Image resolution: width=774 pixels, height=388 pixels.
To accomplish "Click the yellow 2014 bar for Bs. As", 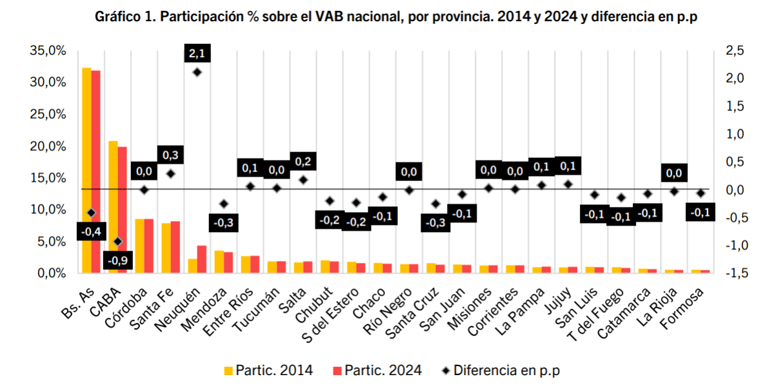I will tap(86, 170).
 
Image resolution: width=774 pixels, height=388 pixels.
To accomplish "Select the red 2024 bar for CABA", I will tap(123, 209).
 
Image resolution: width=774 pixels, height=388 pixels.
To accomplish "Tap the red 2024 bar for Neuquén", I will tap(202, 259).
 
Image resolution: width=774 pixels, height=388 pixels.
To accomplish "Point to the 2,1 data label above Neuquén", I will tap(197, 53).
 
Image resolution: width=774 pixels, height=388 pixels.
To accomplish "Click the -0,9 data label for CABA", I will tap(118, 261).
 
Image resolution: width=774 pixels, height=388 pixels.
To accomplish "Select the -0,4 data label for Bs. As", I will tap(91, 231).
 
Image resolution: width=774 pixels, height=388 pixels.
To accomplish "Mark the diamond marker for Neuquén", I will tap(197, 72).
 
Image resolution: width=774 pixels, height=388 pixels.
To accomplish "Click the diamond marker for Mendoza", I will tap(224, 204).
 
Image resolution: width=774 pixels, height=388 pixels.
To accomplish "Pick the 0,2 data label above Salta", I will tap(303, 161).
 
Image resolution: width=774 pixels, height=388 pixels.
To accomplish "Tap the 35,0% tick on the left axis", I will tap(49, 51).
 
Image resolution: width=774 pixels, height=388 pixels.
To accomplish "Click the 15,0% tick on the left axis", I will tap(49, 178).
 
